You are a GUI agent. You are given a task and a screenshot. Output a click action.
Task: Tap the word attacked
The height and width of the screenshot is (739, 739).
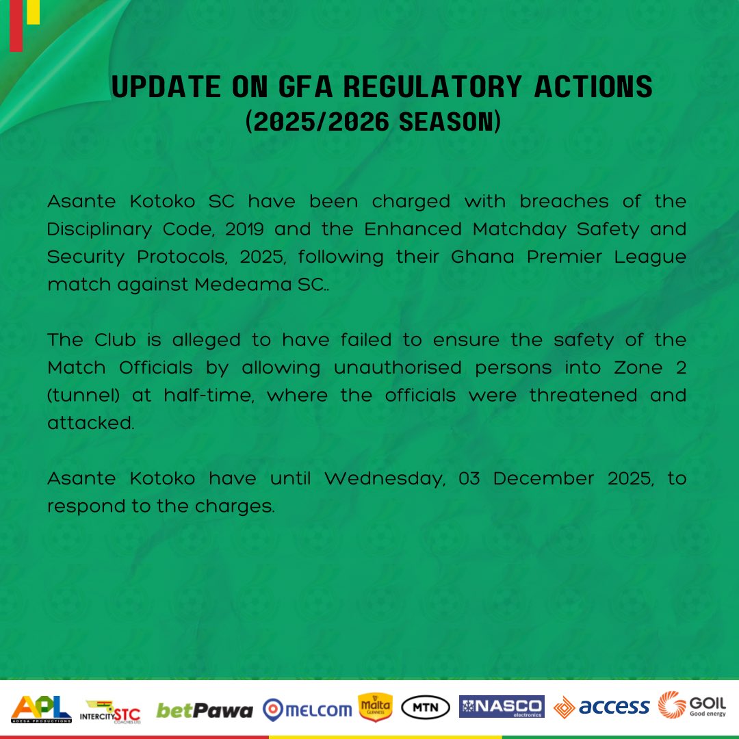coord(90,423)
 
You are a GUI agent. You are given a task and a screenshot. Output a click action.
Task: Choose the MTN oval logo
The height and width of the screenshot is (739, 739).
coord(425,708)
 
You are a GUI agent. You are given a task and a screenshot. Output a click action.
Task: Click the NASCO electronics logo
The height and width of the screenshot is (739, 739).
coord(502,707)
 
